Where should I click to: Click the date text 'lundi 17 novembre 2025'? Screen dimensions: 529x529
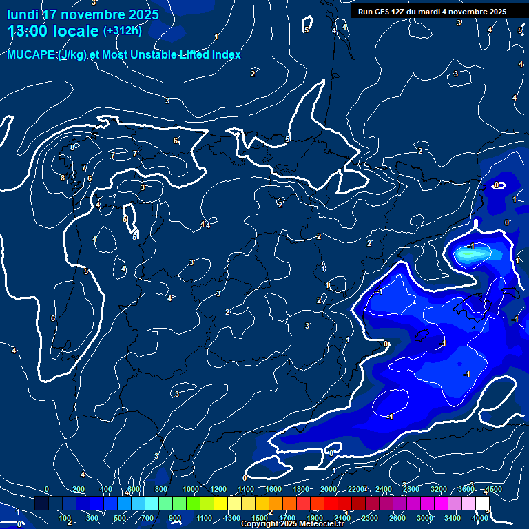[83, 14]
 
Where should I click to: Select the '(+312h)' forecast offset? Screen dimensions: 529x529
[122, 31]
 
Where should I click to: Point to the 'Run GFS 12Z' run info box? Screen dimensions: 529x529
[432, 12]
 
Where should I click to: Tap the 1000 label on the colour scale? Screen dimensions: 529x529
[190, 489]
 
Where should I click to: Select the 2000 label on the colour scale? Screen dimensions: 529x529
[329, 489]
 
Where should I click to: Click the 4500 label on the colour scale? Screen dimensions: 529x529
[493, 489]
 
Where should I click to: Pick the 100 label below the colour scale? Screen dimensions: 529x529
[65, 518]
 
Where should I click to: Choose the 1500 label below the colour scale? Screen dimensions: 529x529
[259, 518]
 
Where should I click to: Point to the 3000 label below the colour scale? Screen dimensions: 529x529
[425, 518]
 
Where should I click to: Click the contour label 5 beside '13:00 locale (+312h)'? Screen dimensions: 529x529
[306, 30]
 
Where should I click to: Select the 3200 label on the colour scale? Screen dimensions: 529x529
[439, 489]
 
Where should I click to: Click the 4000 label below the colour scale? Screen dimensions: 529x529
[480, 518]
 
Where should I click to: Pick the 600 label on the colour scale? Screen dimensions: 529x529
[134, 489]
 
